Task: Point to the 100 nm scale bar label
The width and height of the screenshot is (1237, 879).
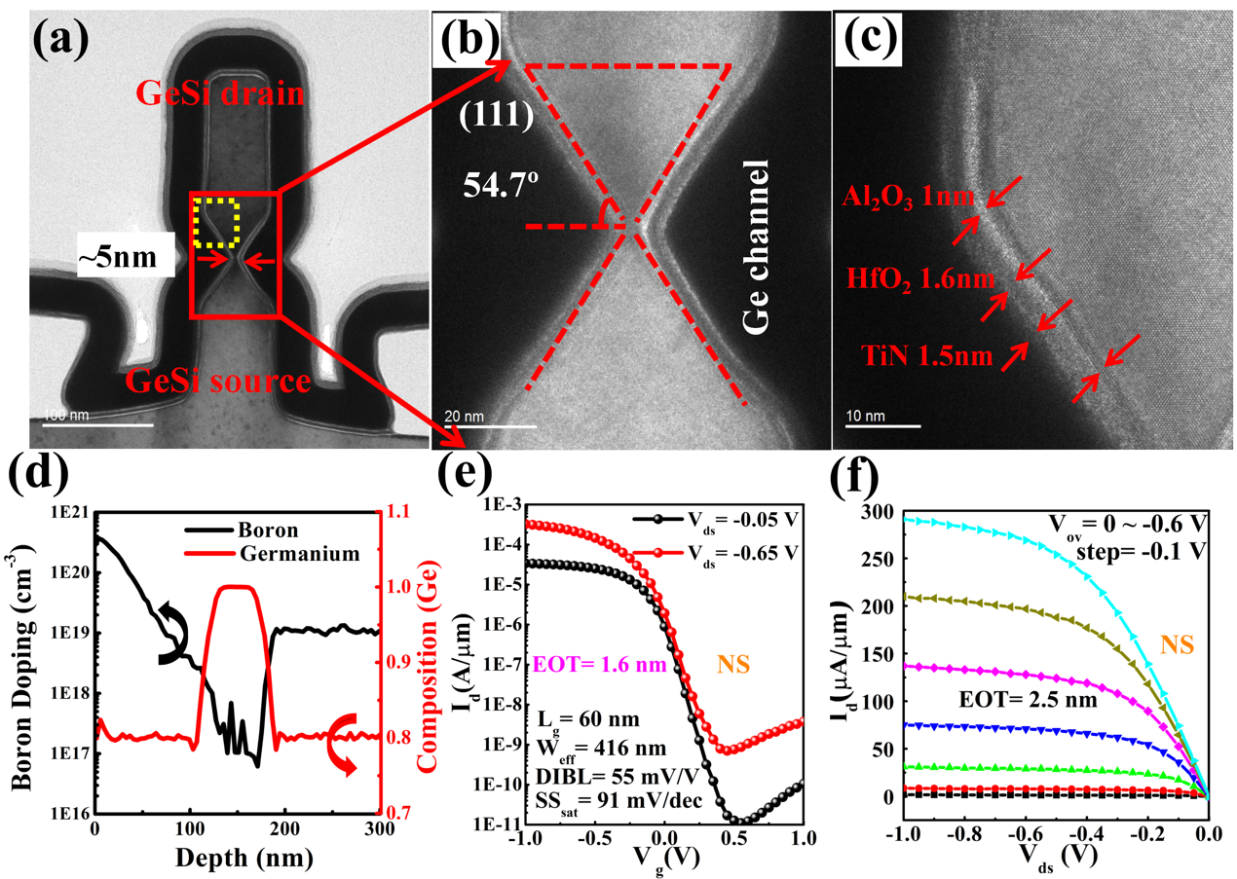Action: pos(67,416)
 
